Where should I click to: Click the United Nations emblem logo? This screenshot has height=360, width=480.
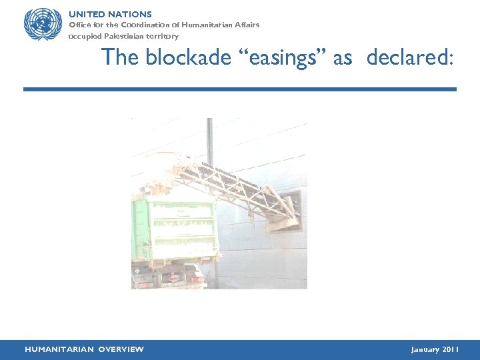click(x=43, y=25)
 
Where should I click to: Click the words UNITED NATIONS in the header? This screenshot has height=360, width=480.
click(x=110, y=14)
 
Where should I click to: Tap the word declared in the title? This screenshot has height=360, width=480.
click(x=408, y=58)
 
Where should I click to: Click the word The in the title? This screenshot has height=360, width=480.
click(x=120, y=58)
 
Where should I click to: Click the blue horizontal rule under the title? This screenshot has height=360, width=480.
click(x=240, y=89)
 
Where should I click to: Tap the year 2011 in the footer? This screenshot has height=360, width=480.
click(x=450, y=349)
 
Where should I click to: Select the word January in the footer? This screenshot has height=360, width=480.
click(x=425, y=349)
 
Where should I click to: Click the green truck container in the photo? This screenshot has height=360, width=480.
click(x=175, y=227)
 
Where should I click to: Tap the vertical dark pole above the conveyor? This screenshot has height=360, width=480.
click(x=209, y=140)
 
